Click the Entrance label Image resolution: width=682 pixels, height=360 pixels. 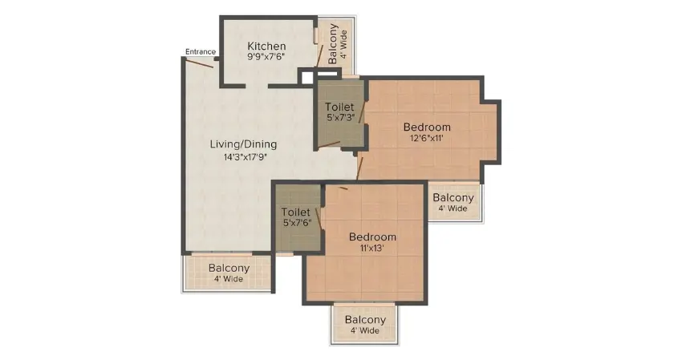[x=201, y=52]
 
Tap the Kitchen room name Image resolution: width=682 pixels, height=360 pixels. [x=266, y=46]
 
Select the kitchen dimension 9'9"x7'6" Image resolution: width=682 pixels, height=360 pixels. [x=266, y=57]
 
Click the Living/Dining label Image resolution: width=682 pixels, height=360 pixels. [x=243, y=144]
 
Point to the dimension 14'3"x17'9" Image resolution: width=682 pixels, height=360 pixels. [x=243, y=157]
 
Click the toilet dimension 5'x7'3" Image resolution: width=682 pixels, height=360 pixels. [x=339, y=118]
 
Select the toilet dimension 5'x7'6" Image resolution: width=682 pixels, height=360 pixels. [x=297, y=224]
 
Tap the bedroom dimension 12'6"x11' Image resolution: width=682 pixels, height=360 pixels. [x=427, y=138]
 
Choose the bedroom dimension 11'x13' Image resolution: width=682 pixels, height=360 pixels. [x=372, y=249]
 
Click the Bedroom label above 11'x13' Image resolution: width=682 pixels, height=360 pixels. [x=372, y=237]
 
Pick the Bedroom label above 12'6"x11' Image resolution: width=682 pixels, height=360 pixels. [x=427, y=127]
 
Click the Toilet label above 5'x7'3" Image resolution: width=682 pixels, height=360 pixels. [x=339, y=107]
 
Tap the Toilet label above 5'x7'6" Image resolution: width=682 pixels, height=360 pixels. [x=297, y=212]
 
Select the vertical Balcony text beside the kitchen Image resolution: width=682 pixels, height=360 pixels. [x=333, y=44]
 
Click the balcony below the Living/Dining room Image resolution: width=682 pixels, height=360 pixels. [x=229, y=273]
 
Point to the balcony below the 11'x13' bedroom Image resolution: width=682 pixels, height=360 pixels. [x=365, y=324]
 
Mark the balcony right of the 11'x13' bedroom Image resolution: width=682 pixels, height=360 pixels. [x=453, y=202]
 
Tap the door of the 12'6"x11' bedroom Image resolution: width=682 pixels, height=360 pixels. [x=361, y=167]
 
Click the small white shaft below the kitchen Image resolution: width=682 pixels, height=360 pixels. [x=306, y=78]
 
